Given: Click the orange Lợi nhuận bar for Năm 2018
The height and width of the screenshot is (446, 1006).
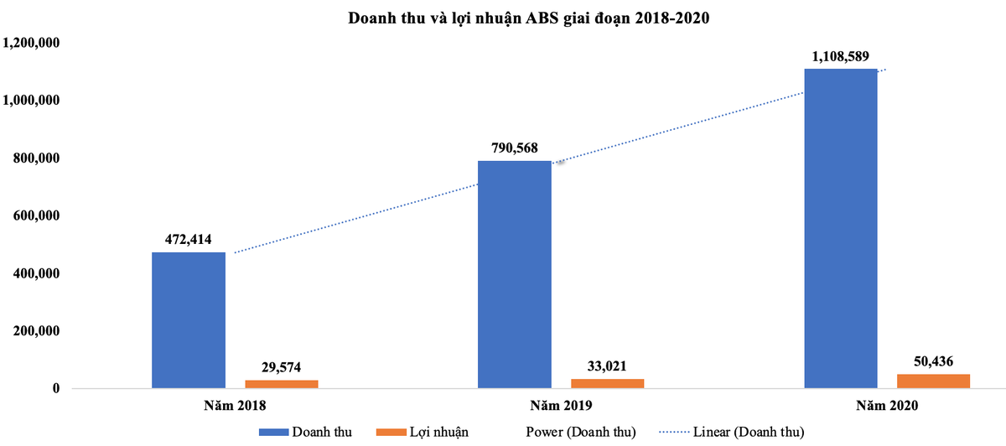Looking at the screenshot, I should pyautogui.click(x=282, y=385).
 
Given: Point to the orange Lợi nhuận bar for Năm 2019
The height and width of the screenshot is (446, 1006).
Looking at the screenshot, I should pyautogui.click(x=608, y=384).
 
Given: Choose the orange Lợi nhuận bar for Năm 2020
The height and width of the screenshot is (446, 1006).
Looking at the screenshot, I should pyautogui.click(x=934, y=381).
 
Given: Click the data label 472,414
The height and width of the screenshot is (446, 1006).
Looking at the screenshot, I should pyautogui.click(x=189, y=240).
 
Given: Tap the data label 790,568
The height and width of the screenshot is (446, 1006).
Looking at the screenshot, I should pyautogui.click(x=515, y=148).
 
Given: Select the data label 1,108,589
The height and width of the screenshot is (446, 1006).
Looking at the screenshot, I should pyautogui.click(x=841, y=56).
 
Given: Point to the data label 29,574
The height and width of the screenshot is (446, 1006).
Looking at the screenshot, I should pyautogui.click(x=282, y=367).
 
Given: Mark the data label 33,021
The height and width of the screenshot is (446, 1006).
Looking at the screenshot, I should pyautogui.click(x=608, y=366).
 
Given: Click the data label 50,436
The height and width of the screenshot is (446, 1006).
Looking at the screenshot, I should pyautogui.click(x=934, y=361).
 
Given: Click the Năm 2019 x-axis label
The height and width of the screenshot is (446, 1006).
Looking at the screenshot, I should pyautogui.click(x=561, y=406).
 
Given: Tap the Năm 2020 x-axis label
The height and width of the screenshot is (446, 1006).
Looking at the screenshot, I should pyautogui.click(x=887, y=406).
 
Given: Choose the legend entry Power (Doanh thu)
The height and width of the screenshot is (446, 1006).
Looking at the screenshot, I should pyautogui.click(x=580, y=432).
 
